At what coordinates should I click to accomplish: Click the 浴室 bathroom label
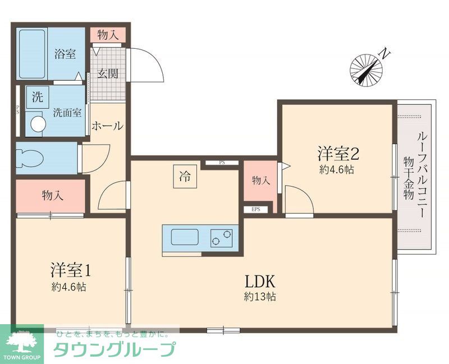click(65, 54)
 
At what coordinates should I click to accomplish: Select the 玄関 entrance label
click(108, 73)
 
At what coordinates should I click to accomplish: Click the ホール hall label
click(107, 126)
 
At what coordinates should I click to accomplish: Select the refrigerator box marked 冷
click(184, 178)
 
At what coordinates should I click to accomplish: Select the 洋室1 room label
click(70, 270)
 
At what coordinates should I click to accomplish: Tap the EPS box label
click(256, 210)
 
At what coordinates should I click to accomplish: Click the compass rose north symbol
click(366, 68)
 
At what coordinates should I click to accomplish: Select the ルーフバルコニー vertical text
click(423, 168)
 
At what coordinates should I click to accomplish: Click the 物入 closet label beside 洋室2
click(260, 181)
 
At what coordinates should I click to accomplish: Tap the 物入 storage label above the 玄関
click(108, 35)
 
